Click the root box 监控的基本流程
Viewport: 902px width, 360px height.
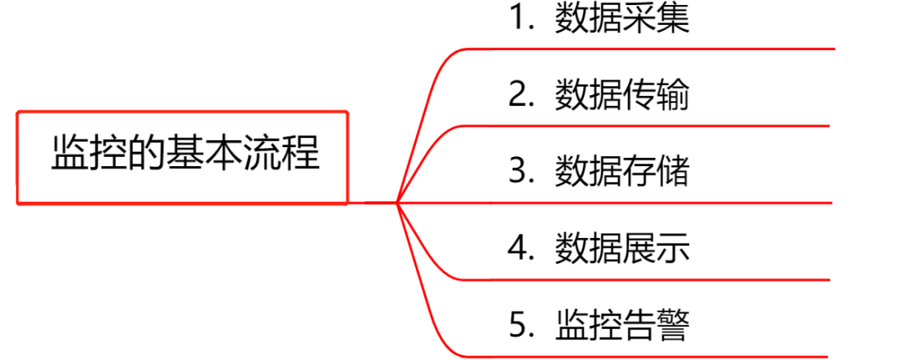pyautogui.click(x=182, y=156)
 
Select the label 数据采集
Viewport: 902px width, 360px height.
pyautogui.click(x=622, y=19)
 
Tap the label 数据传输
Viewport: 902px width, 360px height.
pyautogui.click(x=622, y=95)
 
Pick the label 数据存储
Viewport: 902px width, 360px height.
pyautogui.click(x=622, y=172)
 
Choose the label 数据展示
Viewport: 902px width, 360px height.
pyautogui.click(x=622, y=248)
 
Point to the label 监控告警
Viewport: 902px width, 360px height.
pyautogui.click(x=622, y=324)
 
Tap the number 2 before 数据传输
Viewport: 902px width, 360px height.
pyautogui.click(x=519, y=95)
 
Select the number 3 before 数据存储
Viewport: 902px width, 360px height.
pyautogui.click(x=519, y=172)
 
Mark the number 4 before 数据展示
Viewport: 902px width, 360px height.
pyautogui.click(x=519, y=248)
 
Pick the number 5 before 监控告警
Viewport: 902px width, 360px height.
pyautogui.click(x=519, y=324)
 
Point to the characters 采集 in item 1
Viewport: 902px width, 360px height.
pyautogui.click(x=656, y=19)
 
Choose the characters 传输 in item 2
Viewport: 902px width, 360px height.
pyautogui.click(x=656, y=95)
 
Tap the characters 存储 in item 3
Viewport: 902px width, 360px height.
pyautogui.click(x=656, y=172)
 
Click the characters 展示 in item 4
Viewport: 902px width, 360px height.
pyautogui.click(x=656, y=248)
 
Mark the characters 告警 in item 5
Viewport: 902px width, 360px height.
pyautogui.click(x=656, y=324)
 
